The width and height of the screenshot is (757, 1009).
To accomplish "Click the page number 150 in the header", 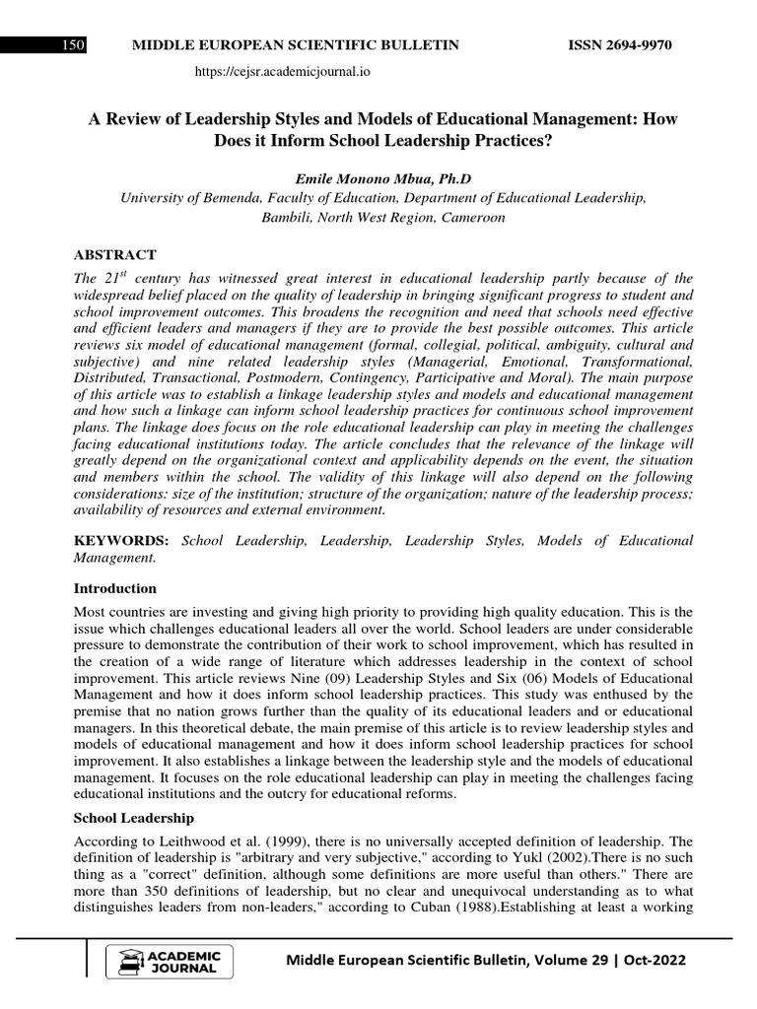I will click(x=73, y=45).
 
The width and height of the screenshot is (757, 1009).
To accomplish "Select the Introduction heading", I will click(x=115, y=588).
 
